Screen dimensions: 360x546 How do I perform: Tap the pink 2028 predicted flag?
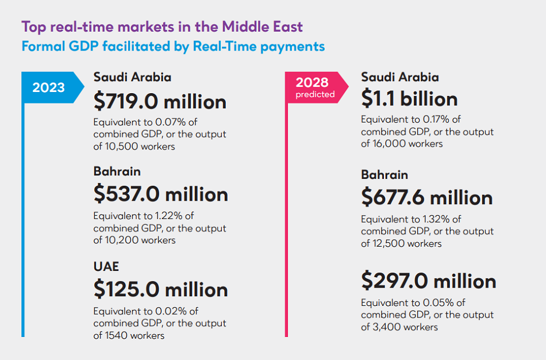(315, 87)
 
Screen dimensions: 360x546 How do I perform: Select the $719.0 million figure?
(160, 102)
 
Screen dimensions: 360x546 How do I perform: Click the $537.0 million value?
(160, 194)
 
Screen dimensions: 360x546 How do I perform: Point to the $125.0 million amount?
(160, 289)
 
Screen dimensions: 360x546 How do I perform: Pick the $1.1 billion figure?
(409, 99)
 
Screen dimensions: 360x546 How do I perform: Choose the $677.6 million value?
(427, 197)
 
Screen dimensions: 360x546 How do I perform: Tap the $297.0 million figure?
(429, 281)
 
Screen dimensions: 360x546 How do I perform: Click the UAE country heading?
(106, 267)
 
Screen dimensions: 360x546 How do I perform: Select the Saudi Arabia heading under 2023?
(132, 77)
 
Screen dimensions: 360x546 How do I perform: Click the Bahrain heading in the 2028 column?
(384, 175)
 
